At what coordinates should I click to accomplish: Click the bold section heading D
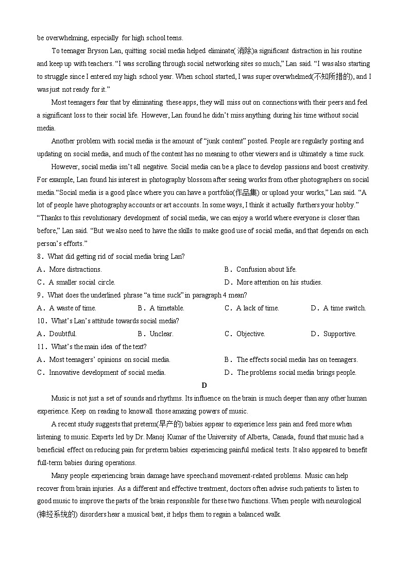[204, 385]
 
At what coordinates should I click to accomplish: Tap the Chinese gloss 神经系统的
[58, 514]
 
